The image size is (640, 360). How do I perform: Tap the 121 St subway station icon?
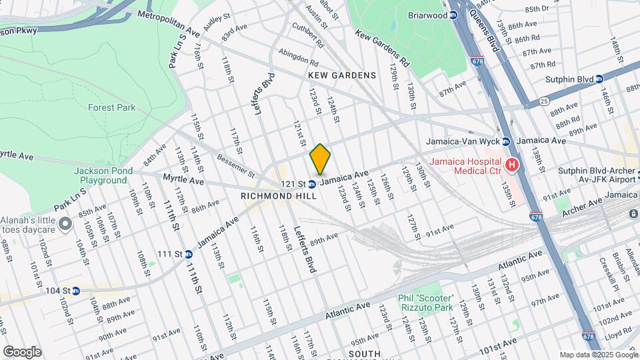pyautogui.click(x=311, y=184)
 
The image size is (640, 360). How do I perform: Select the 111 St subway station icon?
pyautogui.click(x=189, y=254)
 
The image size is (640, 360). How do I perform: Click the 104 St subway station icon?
pyautogui.click(x=75, y=291)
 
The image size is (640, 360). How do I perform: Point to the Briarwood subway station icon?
pyautogui.click(x=453, y=15)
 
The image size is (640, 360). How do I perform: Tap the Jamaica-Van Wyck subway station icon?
pyautogui.click(x=506, y=141)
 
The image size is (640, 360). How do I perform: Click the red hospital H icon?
pyautogui.click(x=512, y=164)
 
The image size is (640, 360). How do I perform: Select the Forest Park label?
pyautogui.click(x=111, y=107)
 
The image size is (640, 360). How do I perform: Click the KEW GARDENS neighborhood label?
pyautogui.click(x=342, y=75)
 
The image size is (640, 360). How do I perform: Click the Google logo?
pyautogui.click(x=22, y=352)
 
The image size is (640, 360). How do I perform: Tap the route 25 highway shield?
pyautogui.click(x=544, y=101)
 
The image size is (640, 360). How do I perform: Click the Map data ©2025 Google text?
pyautogui.click(x=597, y=355)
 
